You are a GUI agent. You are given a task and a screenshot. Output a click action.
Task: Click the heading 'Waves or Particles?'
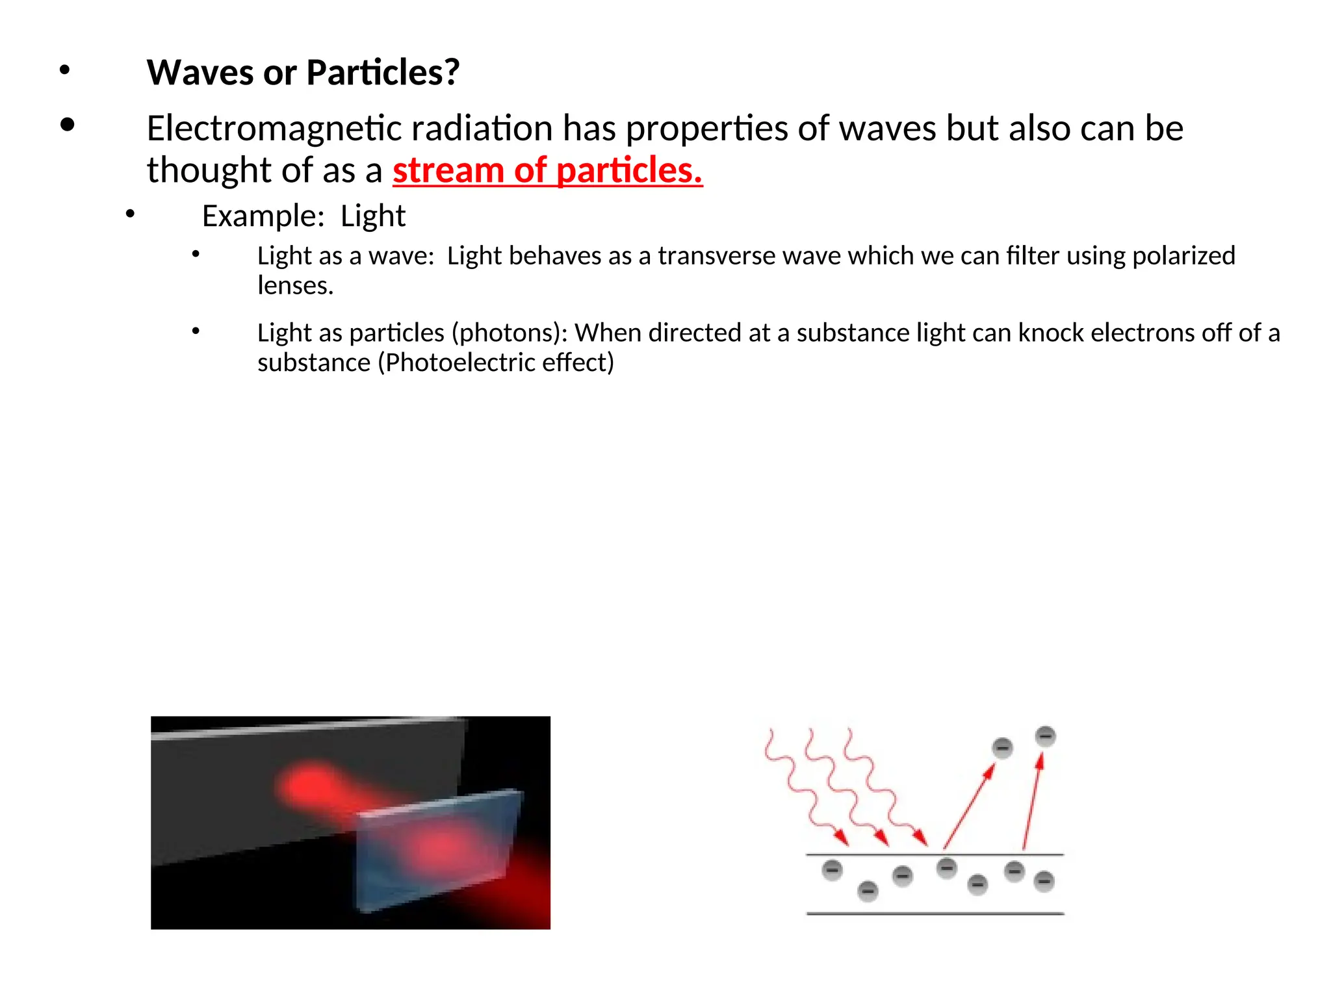point(303,72)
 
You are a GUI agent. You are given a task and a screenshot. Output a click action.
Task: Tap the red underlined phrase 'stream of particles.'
point(547,171)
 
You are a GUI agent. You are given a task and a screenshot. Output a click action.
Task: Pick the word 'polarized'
point(1183,256)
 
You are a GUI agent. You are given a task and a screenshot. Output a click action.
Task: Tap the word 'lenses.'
point(295,286)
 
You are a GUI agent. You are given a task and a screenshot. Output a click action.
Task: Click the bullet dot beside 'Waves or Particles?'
point(64,70)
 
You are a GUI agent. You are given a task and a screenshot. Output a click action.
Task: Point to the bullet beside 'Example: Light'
point(130,213)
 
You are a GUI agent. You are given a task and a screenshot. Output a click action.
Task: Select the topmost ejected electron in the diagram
point(1045,736)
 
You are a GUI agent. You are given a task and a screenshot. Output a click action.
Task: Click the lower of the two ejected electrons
point(1002,748)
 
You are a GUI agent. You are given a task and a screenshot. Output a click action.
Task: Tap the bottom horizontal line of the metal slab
point(935,914)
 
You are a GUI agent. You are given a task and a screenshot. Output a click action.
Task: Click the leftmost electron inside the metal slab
point(832,870)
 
